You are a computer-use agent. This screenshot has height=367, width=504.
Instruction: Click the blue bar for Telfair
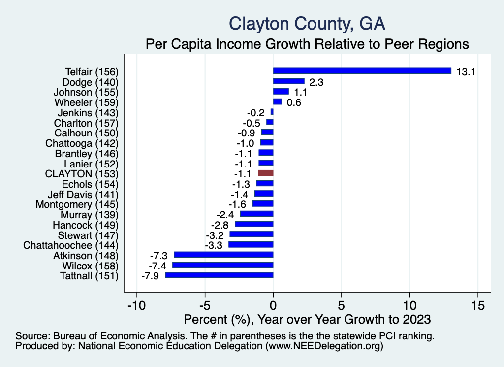point(362,71)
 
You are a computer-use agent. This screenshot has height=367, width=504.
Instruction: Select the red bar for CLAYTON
point(265,173)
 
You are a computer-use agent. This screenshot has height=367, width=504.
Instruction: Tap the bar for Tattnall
point(219,275)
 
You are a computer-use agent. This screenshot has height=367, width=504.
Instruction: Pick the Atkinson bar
point(223,255)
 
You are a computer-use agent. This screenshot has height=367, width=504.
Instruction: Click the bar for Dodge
point(288,81)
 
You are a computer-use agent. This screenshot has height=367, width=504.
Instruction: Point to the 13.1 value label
point(465,71)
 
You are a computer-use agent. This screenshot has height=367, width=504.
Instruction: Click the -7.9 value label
point(150,275)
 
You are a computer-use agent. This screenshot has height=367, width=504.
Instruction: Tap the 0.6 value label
point(294,102)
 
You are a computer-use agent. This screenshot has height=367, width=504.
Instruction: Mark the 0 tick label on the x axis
point(273,305)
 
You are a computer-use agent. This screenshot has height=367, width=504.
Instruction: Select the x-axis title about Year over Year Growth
point(307,319)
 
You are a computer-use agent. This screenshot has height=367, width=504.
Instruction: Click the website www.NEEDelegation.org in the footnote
point(324,346)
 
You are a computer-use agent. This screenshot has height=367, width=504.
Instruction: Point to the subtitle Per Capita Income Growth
point(307,44)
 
